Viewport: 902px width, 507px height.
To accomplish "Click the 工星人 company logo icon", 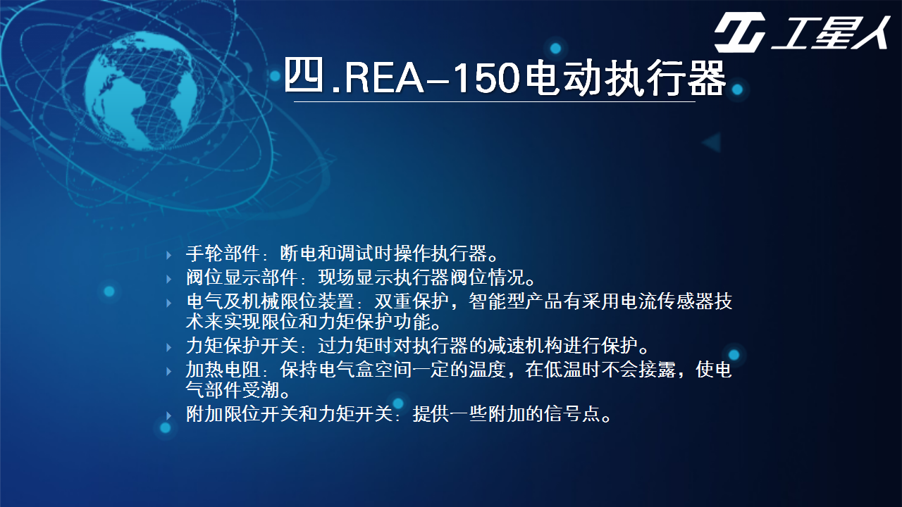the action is click(x=740, y=32).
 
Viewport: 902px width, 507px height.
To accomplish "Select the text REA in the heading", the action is click(x=384, y=77).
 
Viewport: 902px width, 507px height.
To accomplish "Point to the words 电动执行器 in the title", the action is click(x=625, y=77).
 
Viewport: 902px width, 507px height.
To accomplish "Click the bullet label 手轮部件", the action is click(x=222, y=254).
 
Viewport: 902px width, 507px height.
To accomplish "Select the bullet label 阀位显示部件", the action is click(x=241, y=277).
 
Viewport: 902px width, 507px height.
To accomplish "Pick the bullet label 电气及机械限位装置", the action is click(x=270, y=301).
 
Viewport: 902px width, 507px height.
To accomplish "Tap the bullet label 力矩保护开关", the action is click(x=241, y=346).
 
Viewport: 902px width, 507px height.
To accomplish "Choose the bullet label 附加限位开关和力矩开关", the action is click(x=289, y=413).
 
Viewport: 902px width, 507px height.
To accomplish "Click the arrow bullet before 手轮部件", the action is click(x=169, y=255).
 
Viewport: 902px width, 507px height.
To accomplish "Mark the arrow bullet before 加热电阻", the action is click(x=169, y=371).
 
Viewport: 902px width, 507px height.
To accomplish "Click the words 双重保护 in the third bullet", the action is click(x=411, y=301).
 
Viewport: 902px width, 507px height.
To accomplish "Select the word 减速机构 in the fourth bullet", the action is click(x=524, y=346).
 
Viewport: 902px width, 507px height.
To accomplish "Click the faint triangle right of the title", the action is click(x=712, y=142).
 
